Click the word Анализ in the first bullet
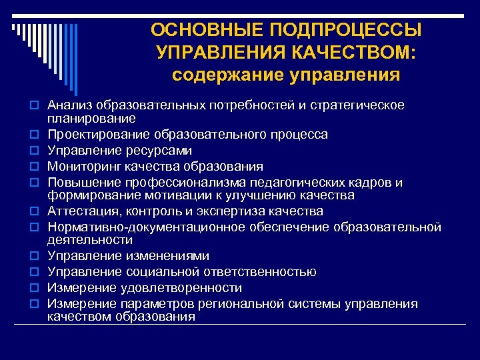pos(69,105)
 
